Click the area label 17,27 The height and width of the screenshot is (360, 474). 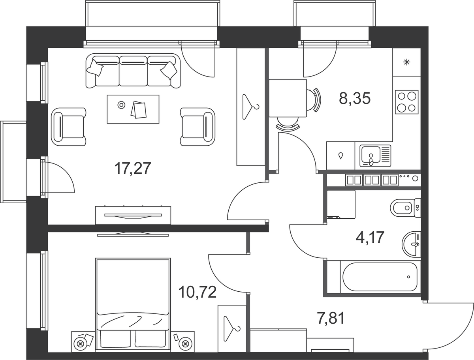(133, 168)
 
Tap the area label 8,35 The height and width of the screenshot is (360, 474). (355, 98)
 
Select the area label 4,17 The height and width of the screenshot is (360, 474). (370, 237)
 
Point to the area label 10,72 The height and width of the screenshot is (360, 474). (197, 292)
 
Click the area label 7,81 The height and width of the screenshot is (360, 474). (330, 319)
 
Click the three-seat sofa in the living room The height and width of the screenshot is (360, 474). (133, 71)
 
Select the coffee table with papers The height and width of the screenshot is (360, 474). (133, 109)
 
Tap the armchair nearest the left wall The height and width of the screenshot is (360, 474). (69, 127)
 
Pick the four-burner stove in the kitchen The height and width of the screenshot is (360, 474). (406, 102)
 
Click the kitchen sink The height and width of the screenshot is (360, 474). (375, 156)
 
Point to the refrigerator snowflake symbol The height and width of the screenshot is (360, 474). (406, 62)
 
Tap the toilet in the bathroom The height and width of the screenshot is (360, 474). (405, 208)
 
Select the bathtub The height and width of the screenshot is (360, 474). (380, 277)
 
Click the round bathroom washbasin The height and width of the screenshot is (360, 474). (411, 244)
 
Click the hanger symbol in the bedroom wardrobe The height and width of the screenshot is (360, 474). (232, 329)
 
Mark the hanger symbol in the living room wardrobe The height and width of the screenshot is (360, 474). (250, 107)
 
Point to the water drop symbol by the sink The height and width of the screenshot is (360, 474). (341, 155)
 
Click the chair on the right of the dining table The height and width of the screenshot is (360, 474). (314, 100)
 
